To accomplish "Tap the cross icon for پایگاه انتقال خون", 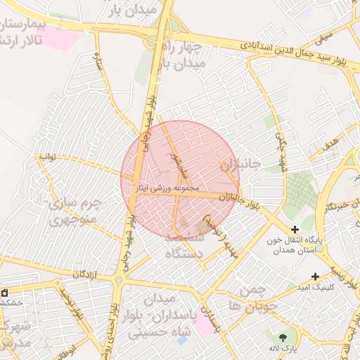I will pos(295,229).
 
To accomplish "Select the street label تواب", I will pos(48,156).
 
